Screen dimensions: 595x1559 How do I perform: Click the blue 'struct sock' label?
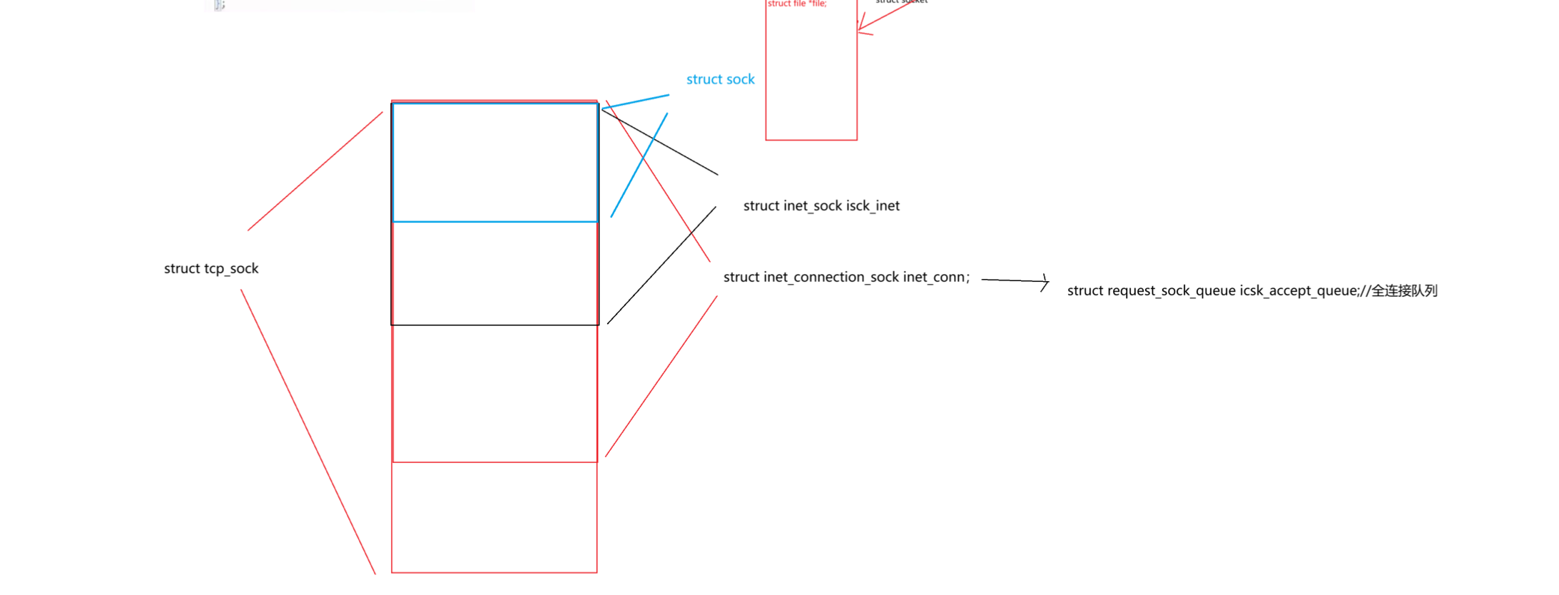click(x=720, y=79)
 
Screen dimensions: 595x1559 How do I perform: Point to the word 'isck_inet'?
click(x=873, y=206)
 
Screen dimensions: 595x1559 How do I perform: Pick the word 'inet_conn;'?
click(x=936, y=278)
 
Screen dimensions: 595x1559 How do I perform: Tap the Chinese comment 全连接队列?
click(x=1404, y=291)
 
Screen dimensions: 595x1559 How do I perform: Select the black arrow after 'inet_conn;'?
click(x=1015, y=281)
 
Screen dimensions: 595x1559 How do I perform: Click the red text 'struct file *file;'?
click(x=797, y=4)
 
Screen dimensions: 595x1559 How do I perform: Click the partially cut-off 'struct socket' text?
click(x=901, y=2)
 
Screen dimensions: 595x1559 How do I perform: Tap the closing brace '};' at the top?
click(x=219, y=5)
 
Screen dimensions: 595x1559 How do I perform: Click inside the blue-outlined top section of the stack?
click(x=495, y=163)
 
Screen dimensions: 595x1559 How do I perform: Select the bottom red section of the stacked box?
click(x=494, y=517)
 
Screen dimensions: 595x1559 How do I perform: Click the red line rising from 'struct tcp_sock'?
click(x=315, y=171)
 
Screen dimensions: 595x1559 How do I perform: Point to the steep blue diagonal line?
click(x=639, y=165)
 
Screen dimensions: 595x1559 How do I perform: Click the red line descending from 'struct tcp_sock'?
click(x=308, y=432)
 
